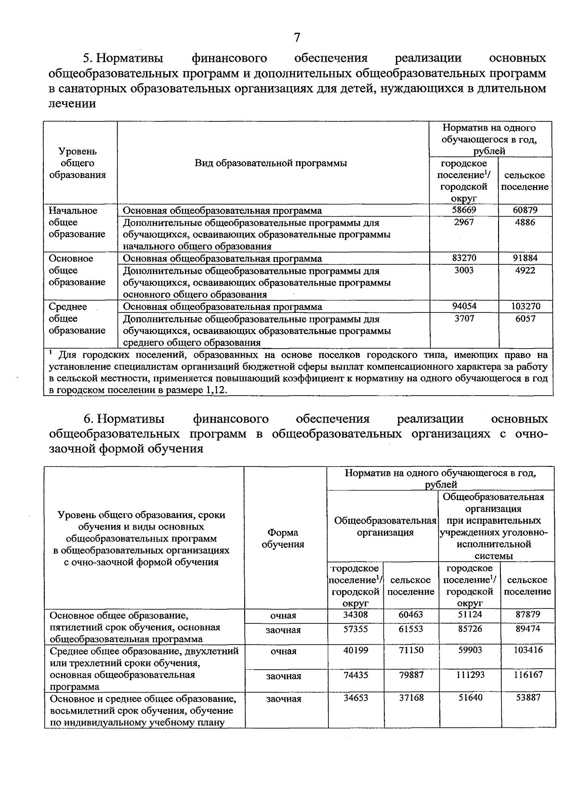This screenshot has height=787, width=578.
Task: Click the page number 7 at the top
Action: (x=297, y=37)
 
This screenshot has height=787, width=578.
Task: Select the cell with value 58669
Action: (x=463, y=210)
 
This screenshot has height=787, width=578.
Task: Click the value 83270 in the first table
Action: (x=463, y=258)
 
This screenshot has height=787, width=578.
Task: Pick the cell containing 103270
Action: (x=525, y=306)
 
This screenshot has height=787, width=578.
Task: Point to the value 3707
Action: (x=463, y=319)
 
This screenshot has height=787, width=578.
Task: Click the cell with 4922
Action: (x=525, y=271)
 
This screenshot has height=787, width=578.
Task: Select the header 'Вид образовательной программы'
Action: (x=271, y=163)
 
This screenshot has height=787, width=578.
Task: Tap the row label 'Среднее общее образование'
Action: (x=77, y=319)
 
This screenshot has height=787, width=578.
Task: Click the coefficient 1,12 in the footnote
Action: (x=215, y=390)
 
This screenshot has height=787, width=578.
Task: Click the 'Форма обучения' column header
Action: (x=283, y=538)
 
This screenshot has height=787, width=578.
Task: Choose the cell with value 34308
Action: (x=355, y=615)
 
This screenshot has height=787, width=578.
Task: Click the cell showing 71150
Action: (x=411, y=650)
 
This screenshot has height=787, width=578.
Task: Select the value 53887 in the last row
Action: (x=527, y=697)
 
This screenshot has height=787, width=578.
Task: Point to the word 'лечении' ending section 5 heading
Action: (x=72, y=103)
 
